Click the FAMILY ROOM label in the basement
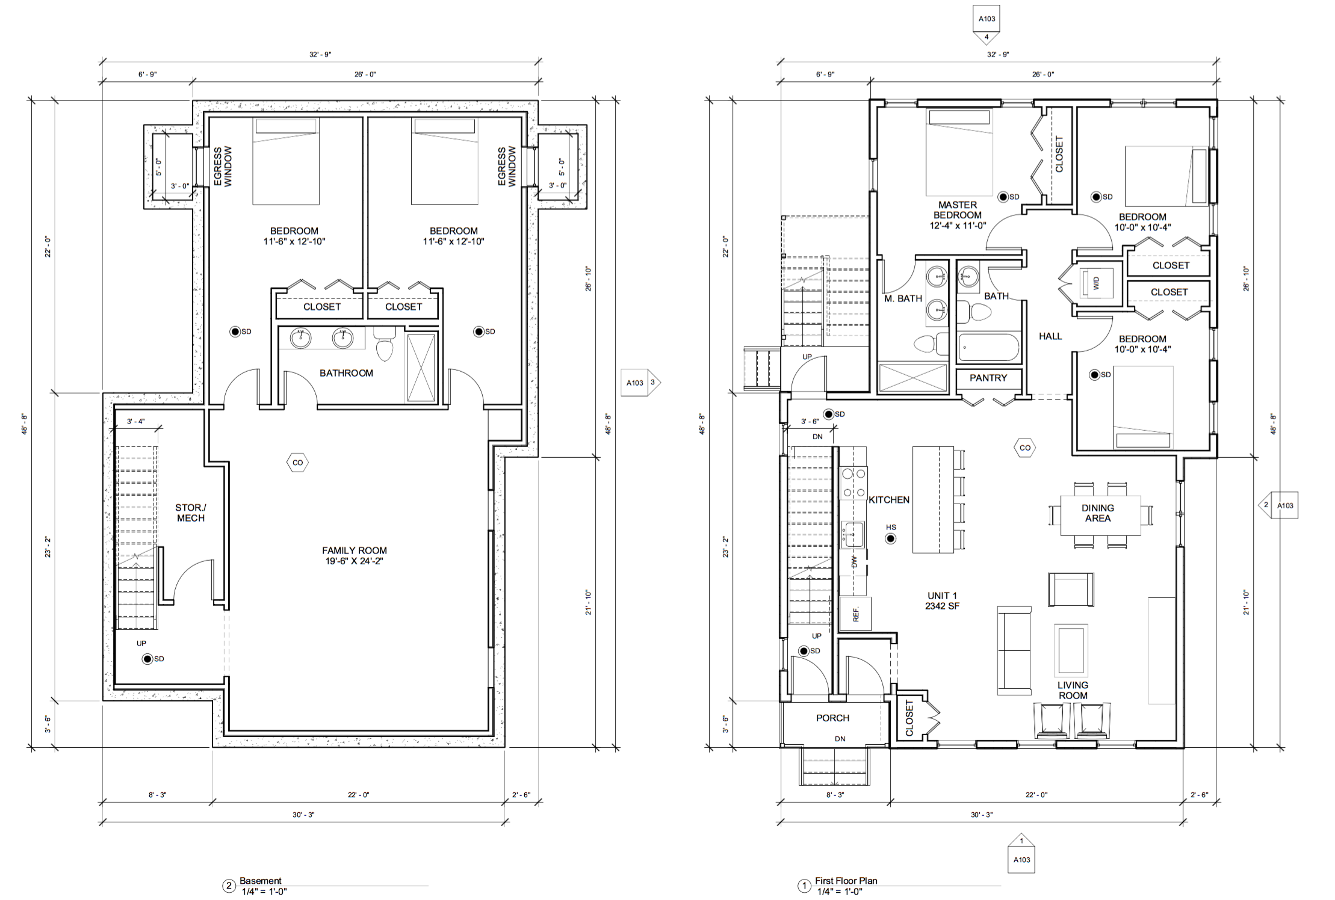[355, 550]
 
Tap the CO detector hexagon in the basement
[297, 463]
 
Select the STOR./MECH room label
[191, 513]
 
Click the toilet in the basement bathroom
[384, 344]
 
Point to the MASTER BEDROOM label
[958, 210]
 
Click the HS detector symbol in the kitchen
[891, 538]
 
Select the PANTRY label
[988, 378]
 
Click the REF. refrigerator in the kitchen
[855, 614]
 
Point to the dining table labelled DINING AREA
[1100, 515]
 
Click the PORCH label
[832, 718]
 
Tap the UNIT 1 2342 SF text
[942, 600]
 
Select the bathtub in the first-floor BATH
[989, 347]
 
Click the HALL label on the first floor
[1050, 336]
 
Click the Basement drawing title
[261, 881]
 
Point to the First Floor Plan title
[846, 881]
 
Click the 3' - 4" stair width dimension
[135, 422]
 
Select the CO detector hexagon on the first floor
[1025, 448]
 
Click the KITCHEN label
[889, 500]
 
